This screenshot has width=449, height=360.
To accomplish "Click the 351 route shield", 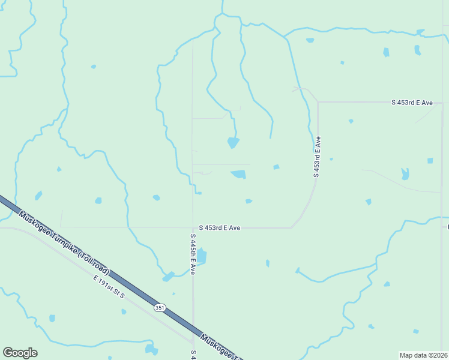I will click(159, 308).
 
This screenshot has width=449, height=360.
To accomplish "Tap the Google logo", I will click(20, 353).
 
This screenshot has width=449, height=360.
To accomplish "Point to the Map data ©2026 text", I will click(424, 355).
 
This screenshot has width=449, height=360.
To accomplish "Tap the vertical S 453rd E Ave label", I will click(317, 157).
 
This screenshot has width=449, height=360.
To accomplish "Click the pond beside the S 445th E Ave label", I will click(202, 257).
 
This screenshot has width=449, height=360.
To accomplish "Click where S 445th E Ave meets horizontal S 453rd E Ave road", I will click(193, 227).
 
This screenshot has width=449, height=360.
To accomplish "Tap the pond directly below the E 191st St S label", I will click(124, 311).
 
